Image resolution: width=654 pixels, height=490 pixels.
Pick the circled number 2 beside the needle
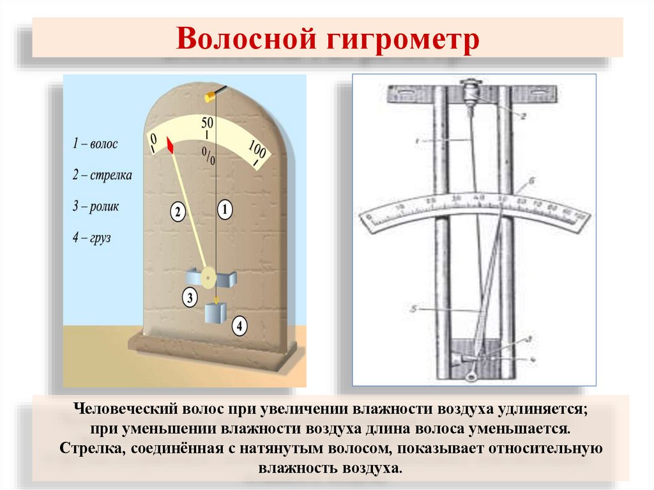(x=178, y=212)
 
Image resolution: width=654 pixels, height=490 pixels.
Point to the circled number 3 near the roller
(x=190, y=296)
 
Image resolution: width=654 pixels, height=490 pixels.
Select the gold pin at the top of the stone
(x=209, y=96)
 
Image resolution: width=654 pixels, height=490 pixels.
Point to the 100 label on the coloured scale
(x=257, y=151)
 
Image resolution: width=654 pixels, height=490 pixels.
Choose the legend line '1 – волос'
(x=95, y=144)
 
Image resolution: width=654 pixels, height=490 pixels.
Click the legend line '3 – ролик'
(x=95, y=206)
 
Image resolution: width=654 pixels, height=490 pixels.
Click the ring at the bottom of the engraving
(x=471, y=376)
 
